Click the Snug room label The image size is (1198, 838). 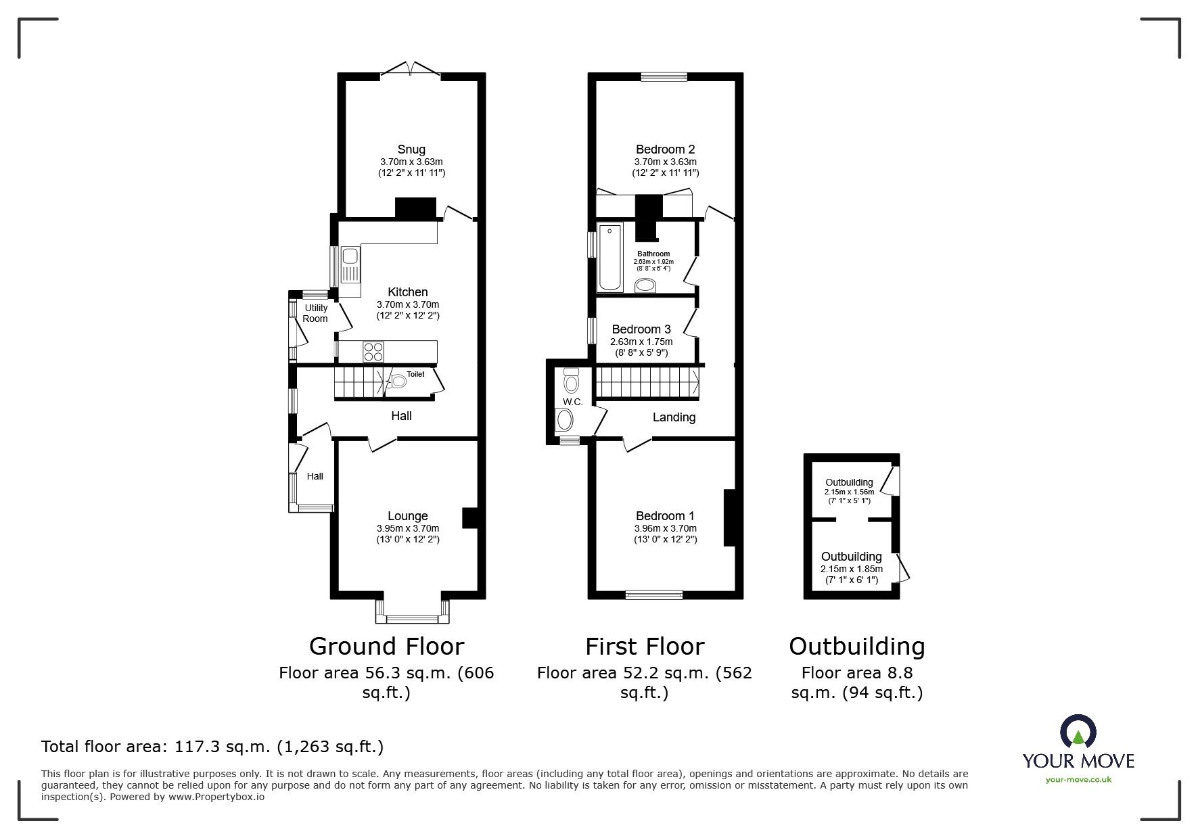(411, 149)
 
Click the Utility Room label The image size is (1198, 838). (315, 313)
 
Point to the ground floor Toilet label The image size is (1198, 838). (415, 374)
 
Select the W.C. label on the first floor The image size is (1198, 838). (572, 402)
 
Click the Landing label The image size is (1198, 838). (674, 417)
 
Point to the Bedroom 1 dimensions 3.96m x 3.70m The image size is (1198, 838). (665, 528)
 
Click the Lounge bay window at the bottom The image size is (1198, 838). (412, 618)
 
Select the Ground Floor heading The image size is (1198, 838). (386, 647)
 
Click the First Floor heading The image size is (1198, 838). (645, 647)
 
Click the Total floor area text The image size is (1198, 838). (212, 747)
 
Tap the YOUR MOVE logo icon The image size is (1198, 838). (1078, 732)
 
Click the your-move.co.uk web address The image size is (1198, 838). (1078, 780)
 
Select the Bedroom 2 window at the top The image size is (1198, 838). (664, 77)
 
